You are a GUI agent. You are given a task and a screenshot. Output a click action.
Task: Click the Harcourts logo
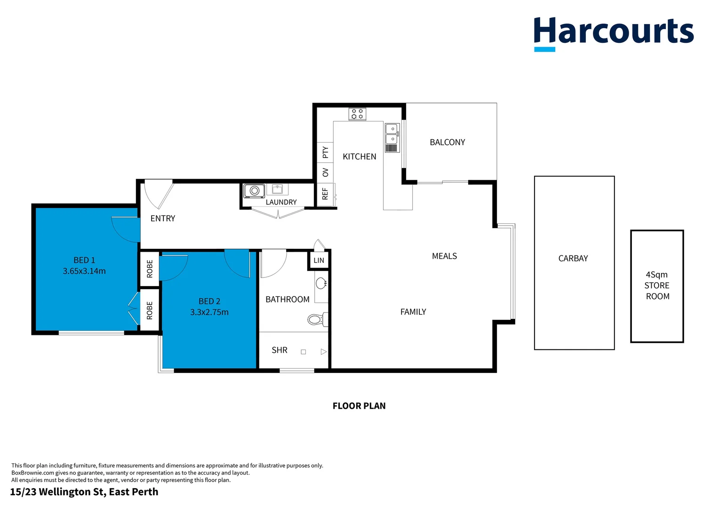(x=614, y=34)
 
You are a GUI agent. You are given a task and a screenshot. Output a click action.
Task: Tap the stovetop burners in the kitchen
(x=357, y=114)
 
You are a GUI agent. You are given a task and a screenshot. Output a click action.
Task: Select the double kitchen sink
(x=392, y=138)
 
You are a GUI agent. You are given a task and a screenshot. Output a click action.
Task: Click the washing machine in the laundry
(x=254, y=190)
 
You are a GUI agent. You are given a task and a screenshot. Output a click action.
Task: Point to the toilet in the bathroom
(x=318, y=319)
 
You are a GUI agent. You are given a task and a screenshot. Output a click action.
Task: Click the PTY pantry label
(x=325, y=152)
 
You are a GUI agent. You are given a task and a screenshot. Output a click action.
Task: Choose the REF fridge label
(x=325, y=194)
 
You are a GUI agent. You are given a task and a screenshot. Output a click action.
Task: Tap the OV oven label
(x=325, y=172)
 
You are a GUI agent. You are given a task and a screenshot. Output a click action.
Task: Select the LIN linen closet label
(x=319, y=260)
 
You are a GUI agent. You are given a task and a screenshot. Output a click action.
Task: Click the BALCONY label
(x=447, y=142)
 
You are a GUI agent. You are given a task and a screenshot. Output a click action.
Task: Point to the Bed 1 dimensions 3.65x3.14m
(x=84, y=271)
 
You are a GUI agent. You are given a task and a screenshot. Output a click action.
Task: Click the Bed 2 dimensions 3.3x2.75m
(x=209, y=312)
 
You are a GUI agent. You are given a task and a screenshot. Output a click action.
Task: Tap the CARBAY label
(x=573, y=258)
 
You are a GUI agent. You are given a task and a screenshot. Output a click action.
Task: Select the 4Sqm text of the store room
(x=656, y=275)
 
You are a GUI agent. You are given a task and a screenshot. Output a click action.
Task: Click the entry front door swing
(x=159, y=194)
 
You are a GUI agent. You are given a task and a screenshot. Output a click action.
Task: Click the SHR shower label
(x=279, y=350)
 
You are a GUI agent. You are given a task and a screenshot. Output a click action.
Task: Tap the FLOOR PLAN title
(x=359, y=406)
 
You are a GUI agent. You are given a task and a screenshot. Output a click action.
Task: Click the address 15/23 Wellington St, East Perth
(x=84, y=492)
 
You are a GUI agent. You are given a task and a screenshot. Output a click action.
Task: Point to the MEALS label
(x=444, y=256)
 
